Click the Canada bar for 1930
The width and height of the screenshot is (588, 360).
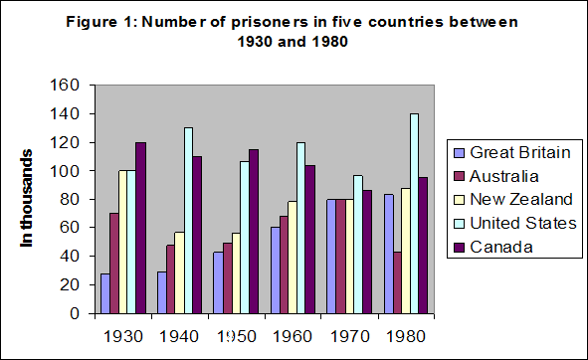point(139,228)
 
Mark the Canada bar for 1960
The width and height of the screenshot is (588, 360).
point(309,240)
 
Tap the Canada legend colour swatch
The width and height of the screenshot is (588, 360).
point(458,246)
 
